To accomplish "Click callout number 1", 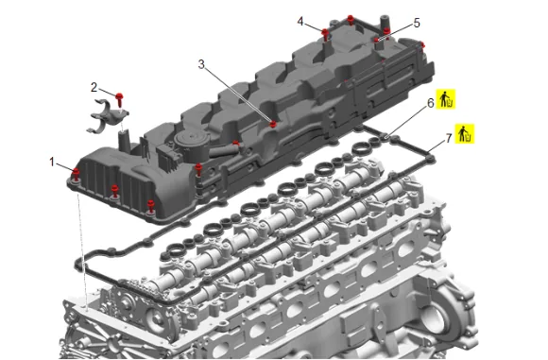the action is [x=52, y=162].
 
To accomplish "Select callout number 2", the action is [x=94, y=87].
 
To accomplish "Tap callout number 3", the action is [x=201, y=64].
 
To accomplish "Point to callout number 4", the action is [x=300, y=22].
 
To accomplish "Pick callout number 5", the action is [x=417, y=23].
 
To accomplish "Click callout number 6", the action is [x=431, y=103].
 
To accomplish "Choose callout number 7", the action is [x=449, y=138].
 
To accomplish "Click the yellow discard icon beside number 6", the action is [x=446, y=99].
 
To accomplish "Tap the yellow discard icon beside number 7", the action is [x=465, y=133].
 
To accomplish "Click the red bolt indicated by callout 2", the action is [x=120, y=99].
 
